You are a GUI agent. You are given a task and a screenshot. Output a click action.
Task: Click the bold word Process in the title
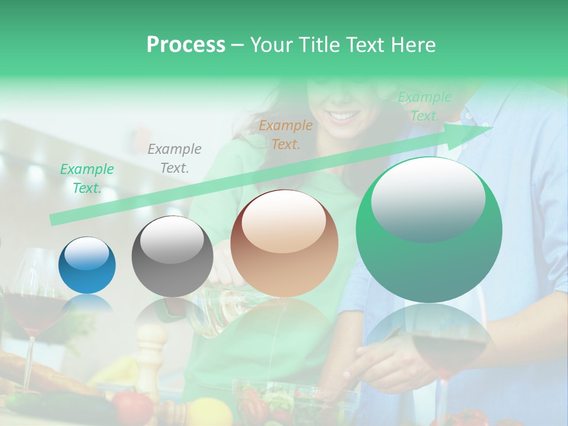pos(186,45)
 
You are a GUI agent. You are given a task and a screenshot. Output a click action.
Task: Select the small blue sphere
pos(87,265)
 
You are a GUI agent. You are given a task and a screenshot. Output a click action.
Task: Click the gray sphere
pos(172,256)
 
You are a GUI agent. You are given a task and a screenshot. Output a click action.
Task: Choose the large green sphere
pos(429,230)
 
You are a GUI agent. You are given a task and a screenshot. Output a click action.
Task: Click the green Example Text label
pos(87,179)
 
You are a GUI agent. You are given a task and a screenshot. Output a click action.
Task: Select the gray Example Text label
pos(175,159)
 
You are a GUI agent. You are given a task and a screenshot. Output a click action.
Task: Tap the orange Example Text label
pos(286,134)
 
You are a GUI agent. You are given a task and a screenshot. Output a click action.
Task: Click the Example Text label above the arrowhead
pos(424,106)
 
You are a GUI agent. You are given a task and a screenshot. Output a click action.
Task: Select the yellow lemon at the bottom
pos(209,412)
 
